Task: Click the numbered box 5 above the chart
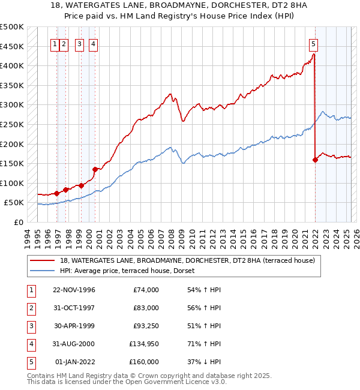click(314, 43)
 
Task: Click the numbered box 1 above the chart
click(55, 43)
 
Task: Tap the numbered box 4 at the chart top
click(94, 43)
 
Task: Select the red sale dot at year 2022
click(315, 160)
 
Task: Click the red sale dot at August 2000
click(95, 169)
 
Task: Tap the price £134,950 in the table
click(144, 344)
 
